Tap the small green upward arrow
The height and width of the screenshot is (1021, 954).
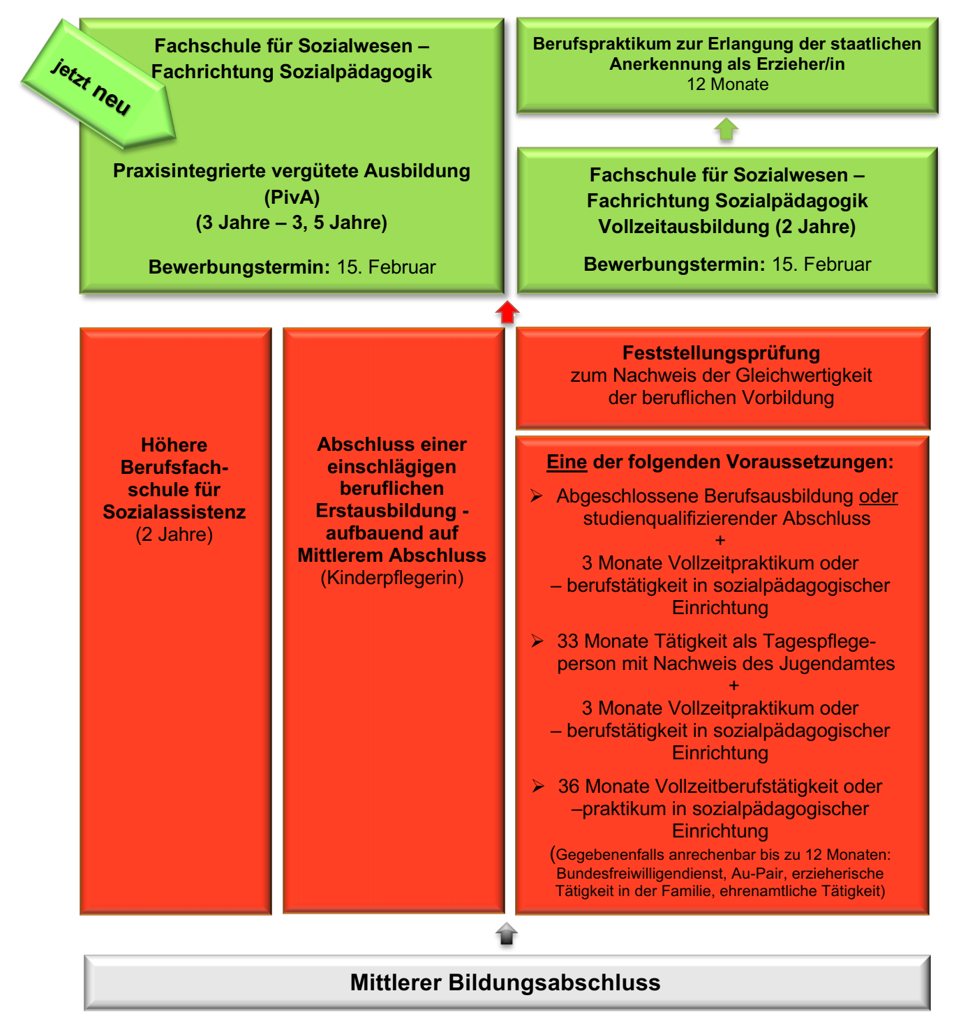coord(726,129)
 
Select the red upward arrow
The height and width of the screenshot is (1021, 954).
coord(507,312)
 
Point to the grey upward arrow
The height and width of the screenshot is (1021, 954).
coord(507,934)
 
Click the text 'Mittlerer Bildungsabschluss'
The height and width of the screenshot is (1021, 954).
coord(505,982)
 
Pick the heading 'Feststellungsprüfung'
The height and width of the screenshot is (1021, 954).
coord(721,353)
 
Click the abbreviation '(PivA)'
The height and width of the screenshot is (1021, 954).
coord(292,197)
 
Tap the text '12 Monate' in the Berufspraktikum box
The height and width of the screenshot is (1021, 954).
coord(727,84)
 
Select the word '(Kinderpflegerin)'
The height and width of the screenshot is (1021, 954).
coord(392,578)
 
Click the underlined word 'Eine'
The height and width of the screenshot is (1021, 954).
coord(566,462)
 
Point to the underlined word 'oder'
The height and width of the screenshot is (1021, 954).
coord(879,496)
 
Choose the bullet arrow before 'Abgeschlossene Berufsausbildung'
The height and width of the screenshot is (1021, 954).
coord(537,495)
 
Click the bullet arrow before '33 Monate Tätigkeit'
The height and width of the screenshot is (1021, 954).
coord(537,641)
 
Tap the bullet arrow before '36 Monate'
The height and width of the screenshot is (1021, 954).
coord(538,786)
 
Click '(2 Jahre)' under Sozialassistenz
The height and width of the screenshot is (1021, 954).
coord(174,535)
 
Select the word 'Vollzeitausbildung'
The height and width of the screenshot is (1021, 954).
coord(683,226)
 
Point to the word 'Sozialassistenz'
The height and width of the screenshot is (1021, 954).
coord(174,512)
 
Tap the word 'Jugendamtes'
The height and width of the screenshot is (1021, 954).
coord(837,664)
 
